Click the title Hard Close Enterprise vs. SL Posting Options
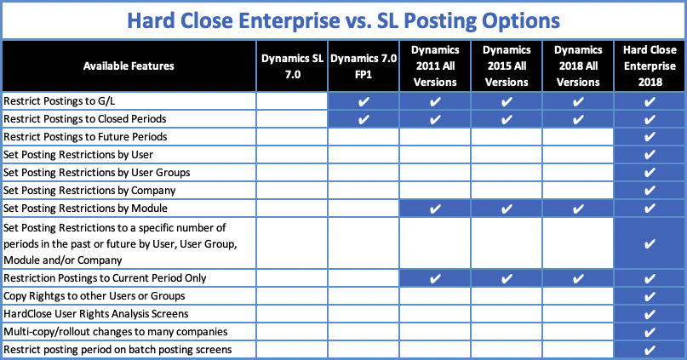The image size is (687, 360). [x=344, y=20]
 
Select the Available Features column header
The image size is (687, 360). [x=129, y=66]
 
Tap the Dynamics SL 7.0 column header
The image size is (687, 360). [x=292, y=66]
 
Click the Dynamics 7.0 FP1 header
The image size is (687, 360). [x=364, y=66]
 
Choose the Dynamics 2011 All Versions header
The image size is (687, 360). [x=435, y=66]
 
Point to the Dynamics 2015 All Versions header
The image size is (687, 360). [x=507, y=66]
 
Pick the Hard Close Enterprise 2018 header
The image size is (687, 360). [x=650, y=66]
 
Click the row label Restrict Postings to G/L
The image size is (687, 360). [x=59, y=101]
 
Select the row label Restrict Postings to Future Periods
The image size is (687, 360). [x=85, y=137]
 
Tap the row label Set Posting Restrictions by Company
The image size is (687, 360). [x=89, y=191]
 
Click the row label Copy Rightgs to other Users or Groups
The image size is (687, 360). [x=94, y=296]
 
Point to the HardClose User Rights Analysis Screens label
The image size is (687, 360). [x=96, y=314]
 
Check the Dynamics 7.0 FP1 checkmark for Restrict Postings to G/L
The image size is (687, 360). [x=364, y=101]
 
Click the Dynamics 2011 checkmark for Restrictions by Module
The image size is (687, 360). [x=435, y=209]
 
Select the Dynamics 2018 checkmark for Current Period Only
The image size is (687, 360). [x=578, y=278]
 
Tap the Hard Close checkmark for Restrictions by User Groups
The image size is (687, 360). [x=650, y=173]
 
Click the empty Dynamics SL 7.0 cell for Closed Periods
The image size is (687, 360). [x=292, y=119]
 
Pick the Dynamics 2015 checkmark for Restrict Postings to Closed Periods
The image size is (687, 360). [x=507, y=119]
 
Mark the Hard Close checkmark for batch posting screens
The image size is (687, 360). [x=650, y=350]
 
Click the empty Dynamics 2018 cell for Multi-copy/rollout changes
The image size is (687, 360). [x=578, y=332]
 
